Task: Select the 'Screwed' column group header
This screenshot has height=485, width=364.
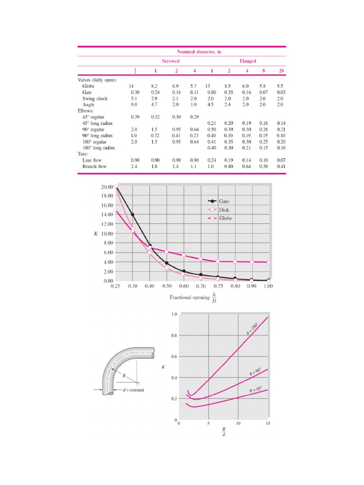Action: pyautogui.click(x=171, y=61)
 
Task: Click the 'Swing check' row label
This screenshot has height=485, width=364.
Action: pyautogui.click(x=95, y=99)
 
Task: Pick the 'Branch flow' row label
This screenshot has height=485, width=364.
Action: pyautogui.click(x=95, y=167)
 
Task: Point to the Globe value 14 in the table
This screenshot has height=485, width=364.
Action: pyautogui.click(x=132, y=86)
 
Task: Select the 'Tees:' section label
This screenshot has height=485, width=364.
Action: pyautogui.click(x=84, y=154)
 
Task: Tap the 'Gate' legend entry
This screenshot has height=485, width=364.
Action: pyautogui.click(x=228, y=201)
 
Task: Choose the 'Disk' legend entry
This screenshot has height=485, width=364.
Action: pyautogui.click(x=228, y=210)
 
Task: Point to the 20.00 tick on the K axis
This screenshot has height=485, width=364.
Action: pyautogui.click(x=107, y=187)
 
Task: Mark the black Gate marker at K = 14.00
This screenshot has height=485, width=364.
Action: pyautogui.click(x=133, y=215)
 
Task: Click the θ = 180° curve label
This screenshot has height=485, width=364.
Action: pyautogui.click(x=253, y=329)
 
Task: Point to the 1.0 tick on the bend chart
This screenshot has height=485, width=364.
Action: pyautogui.click(x=174, y=314)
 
